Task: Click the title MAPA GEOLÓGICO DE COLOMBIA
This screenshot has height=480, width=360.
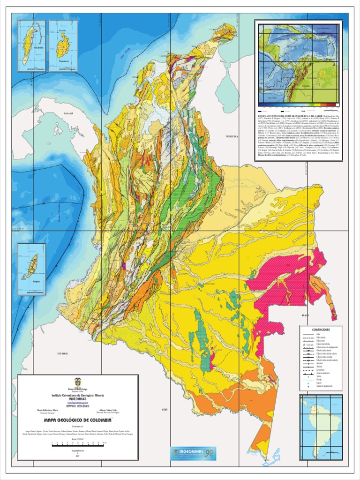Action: coord(78,420)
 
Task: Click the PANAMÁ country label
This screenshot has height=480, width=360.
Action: coord(69,114)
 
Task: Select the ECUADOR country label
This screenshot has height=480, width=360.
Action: coord(62,353)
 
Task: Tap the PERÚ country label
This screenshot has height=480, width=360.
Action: coord(165,409)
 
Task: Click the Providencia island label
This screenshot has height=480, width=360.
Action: coord(63,61)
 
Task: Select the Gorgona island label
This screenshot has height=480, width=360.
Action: coord(36,283)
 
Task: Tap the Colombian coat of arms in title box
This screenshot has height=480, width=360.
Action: coord(78,382)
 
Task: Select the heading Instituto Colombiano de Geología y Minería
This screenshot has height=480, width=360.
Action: coord(78,396)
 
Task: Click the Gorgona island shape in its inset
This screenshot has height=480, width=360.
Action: coord(32,265)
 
